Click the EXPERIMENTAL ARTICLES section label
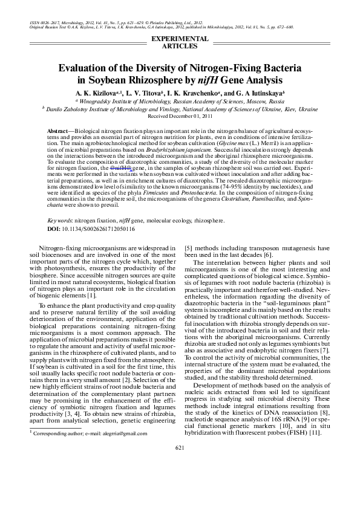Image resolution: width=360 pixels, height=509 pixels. (x=179, y=42)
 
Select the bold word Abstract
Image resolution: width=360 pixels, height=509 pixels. (x=57, y=131)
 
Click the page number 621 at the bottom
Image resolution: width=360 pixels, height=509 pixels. (x=179, y=448)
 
